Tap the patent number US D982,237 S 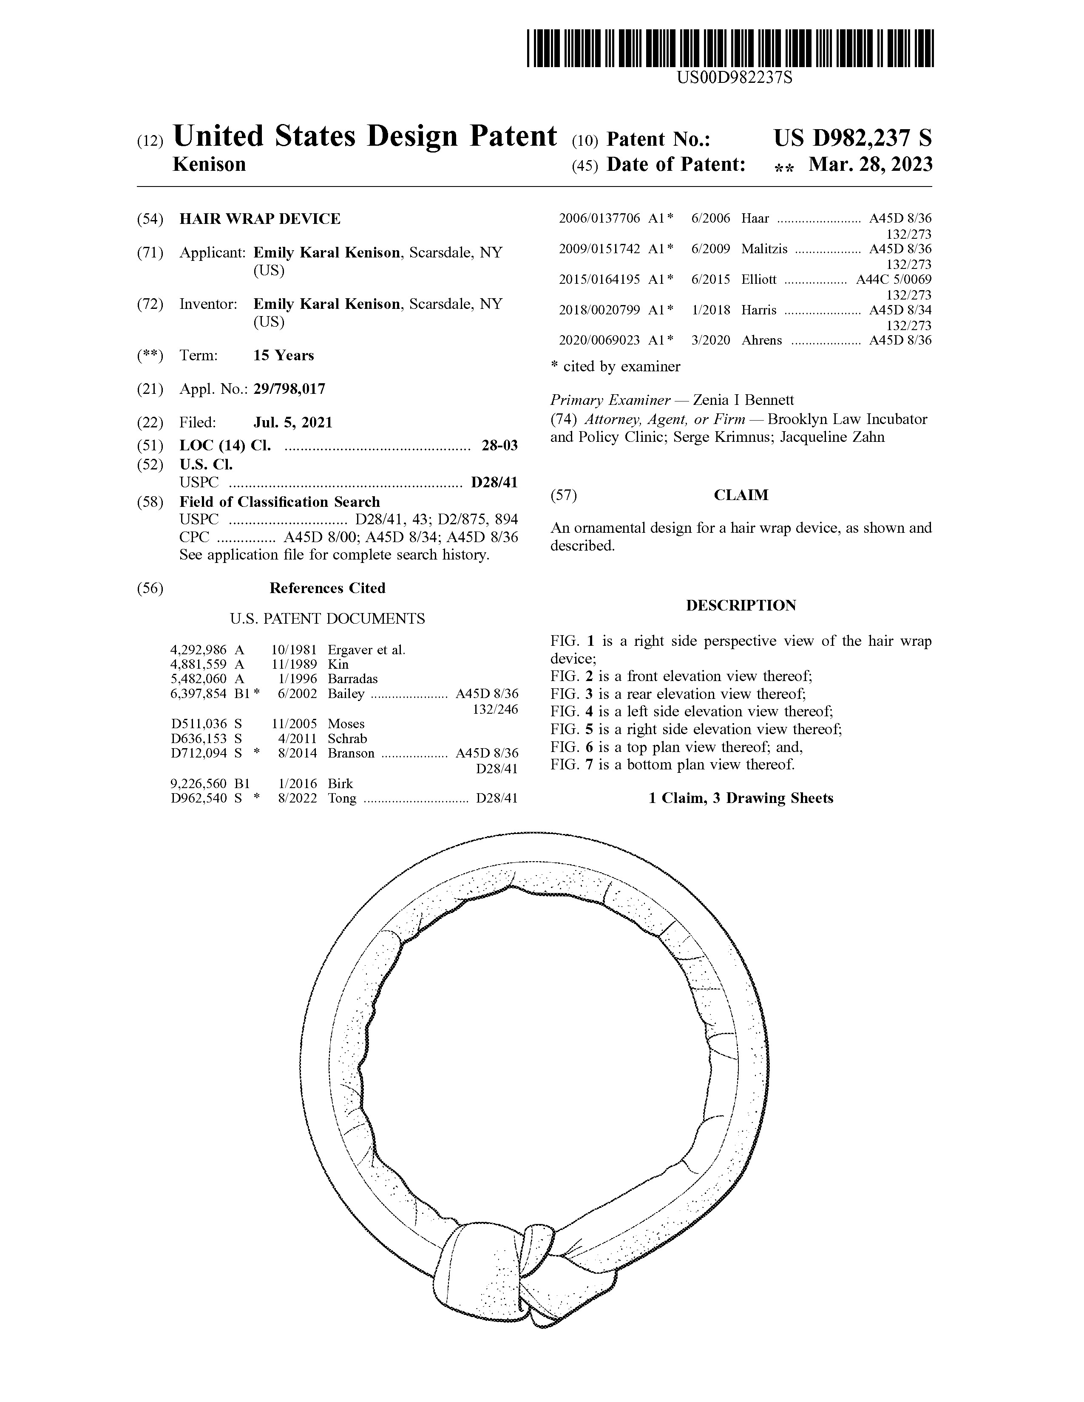(x=852, y=138)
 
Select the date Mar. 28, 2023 (x=870, y=165)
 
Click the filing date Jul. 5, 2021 (x=293, y=422)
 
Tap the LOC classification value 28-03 (x=499, y=446)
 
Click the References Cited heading (x=327, y=588)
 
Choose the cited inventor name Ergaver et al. (x=366, y=650)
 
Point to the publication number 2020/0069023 (x=599, y=340)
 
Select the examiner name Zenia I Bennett (x=743, y=400)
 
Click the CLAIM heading (x=741, y=495)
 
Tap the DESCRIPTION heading (x=741, y=605)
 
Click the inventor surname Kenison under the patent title (x=209, y=165)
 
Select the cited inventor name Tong (x=342, y=799)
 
